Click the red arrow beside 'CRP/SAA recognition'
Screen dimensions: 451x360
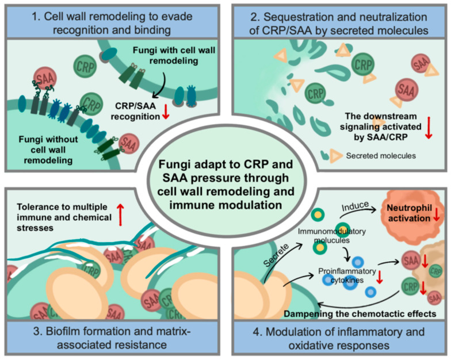coord(166,112)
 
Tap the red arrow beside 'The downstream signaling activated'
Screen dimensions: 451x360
coord(429,128)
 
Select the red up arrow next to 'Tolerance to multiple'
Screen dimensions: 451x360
coord(121,215)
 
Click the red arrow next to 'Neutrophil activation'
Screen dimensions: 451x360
coord(436,215)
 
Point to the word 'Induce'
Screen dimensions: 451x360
coord(355,206)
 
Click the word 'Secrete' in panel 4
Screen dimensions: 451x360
coord(276,255)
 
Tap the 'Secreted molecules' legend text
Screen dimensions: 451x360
coord(381,156)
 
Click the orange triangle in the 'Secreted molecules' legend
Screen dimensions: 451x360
coord(335,155)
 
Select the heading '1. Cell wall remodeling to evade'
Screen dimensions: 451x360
coord(112,16)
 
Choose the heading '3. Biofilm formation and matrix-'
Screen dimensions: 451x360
coord(112,331)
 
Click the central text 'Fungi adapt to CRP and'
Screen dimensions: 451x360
coord(225,164)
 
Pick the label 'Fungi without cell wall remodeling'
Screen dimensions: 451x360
coord(48,150)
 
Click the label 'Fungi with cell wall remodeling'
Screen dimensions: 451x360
coord(174,55)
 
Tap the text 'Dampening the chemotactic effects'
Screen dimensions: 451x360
coord(360,313)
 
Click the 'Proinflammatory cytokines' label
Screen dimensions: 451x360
coord(347,275)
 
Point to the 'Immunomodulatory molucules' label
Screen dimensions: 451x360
coord(331,236)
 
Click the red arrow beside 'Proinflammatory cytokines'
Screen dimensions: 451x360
coord(380,277)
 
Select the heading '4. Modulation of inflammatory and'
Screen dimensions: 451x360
coord(339,331)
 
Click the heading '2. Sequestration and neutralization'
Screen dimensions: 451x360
coord(339,17)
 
